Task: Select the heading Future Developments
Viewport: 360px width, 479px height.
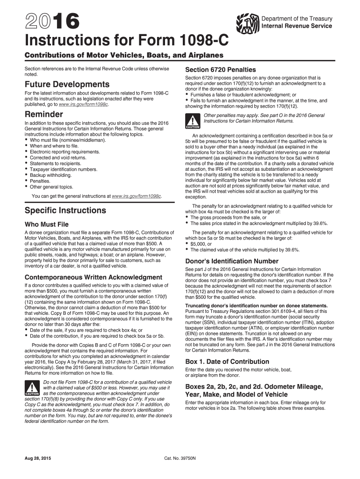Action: (x=67, y=85)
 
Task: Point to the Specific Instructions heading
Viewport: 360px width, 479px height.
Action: (x=65, y=210)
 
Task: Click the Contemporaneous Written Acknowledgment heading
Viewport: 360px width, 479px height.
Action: (x=94, y=277)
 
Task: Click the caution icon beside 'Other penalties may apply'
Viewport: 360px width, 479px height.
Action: (x=193, y=121)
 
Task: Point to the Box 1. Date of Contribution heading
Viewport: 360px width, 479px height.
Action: (x=227, y=362)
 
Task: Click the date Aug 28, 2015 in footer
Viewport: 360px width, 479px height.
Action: (x=37, y=458)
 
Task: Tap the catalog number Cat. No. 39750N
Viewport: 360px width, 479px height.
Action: (x=180, y=458)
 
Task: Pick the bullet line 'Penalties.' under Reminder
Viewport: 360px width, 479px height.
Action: (x=40, y=181)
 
